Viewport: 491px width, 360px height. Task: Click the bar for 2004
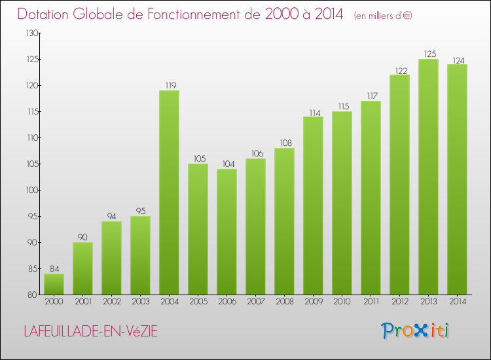pyautogui.click(x=169, y=192)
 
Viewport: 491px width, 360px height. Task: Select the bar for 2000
pyautogui.click(x=54, y=284)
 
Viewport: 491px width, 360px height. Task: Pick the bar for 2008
pyautogui.click(x=284, y=221)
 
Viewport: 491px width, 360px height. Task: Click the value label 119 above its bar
pyautogui.click(x=169, y=85)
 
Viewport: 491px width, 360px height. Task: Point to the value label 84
pyautogui.click(x=54, y=268)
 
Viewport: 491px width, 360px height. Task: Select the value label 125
pyautogui.click(x=428, y=54)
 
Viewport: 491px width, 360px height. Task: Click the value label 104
pyautogui.click(x=227, y=164)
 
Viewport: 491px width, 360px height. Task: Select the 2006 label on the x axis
pyautogui.click(x=227, y=302)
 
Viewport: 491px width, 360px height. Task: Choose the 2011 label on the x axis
pyautogui.click(x=371, y=302)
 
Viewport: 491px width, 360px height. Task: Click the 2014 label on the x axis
pyautogui.click(x=457, y=302)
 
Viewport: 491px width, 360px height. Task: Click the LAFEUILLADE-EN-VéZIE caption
pyautogui.click(x=91, y=331)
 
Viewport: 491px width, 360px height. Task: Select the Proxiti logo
pyautogui.click(x=415, y=331)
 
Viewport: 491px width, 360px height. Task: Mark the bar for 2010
pyautogui.click(x=342, y=203)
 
